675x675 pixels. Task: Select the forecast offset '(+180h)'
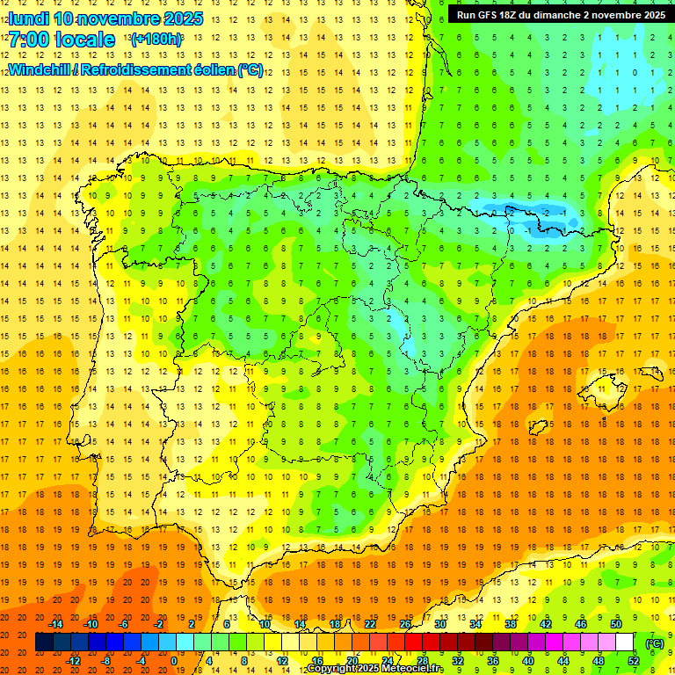156,40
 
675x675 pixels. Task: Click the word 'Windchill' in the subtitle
43,69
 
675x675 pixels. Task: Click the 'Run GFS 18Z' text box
560,14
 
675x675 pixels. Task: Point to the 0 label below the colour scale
175,661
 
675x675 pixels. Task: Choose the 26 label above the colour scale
404,624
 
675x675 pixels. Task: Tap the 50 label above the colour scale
615,624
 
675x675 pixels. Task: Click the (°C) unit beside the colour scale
654,642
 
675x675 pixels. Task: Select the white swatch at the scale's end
624,642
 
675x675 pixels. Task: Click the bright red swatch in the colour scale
413,642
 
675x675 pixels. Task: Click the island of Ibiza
538,427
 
